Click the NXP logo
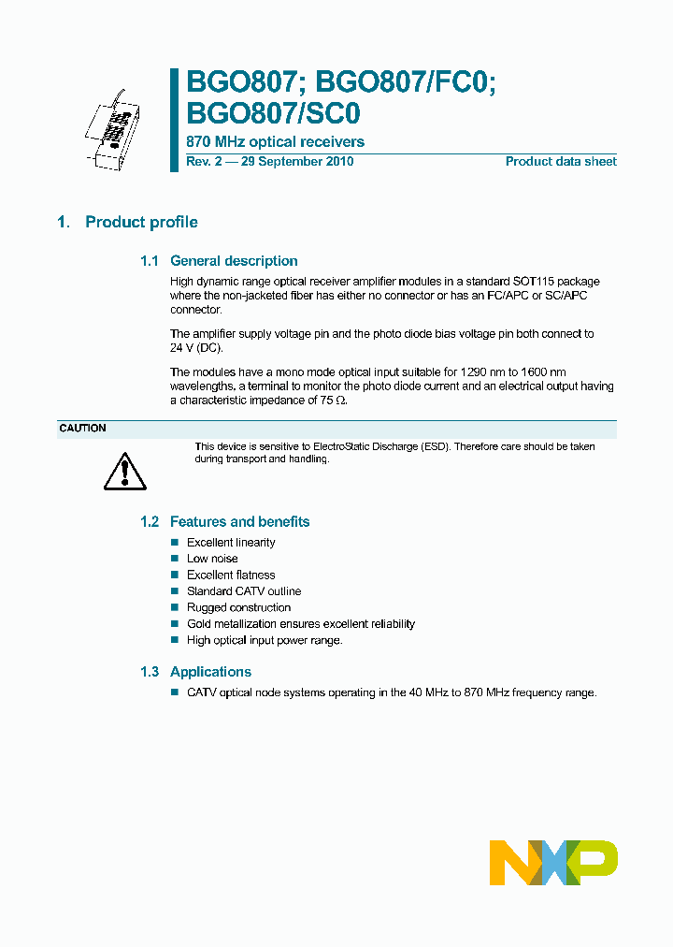coord(553,862)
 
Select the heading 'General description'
coord(234,261)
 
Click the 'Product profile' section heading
coord(141,222)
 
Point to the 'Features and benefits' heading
coord(239,522)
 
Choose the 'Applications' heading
coord(210,672)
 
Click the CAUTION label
coord(83,429)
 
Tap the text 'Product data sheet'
coord(561,162)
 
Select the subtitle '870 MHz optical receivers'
coord(276,142)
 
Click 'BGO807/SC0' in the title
coord(273,112)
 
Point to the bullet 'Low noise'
coord(212,559)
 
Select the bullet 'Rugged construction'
coord(238,607)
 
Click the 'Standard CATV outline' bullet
coord(244,591)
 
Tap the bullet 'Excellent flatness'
coord(231,575)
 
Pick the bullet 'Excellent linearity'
coord(231,543)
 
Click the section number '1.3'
coord(150,672)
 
